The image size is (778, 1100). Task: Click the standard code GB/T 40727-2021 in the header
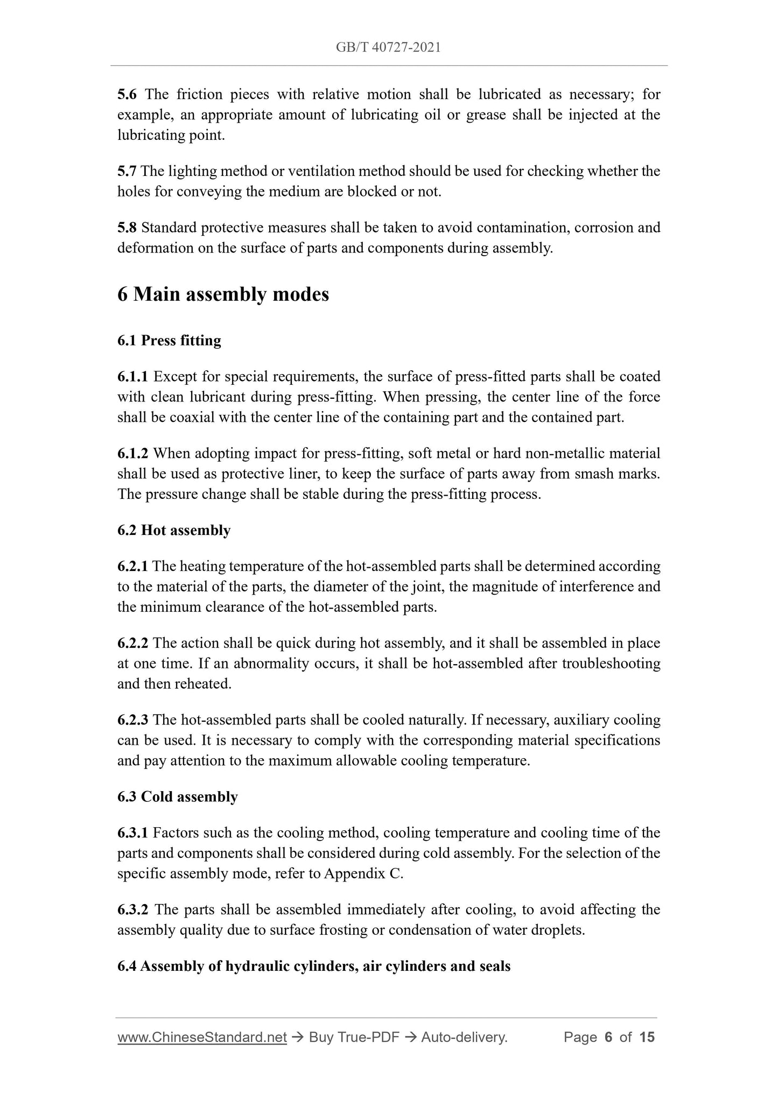click(388, 48)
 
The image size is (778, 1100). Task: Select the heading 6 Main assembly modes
click(223, 295)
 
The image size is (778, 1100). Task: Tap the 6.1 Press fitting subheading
click(169, 341)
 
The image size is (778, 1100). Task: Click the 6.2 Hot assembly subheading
click(174, 531)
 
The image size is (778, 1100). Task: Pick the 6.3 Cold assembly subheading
click(177, 797)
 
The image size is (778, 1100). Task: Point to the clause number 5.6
click(127, 95)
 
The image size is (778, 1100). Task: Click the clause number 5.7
click(127, 172)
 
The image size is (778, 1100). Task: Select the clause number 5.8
click(127, 228)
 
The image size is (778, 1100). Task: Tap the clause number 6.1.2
click(132, 454)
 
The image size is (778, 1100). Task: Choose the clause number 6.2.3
click(132, 720)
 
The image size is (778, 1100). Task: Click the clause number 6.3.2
click(132, 910)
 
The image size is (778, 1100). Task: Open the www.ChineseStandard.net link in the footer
click(202, 1037)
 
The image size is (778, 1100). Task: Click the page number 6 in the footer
click(609, 1037)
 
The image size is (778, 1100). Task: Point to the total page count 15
click(647, 1037)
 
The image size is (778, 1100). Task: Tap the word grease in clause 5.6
click(486, 115)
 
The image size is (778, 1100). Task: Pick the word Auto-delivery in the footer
click(464, 1037)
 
